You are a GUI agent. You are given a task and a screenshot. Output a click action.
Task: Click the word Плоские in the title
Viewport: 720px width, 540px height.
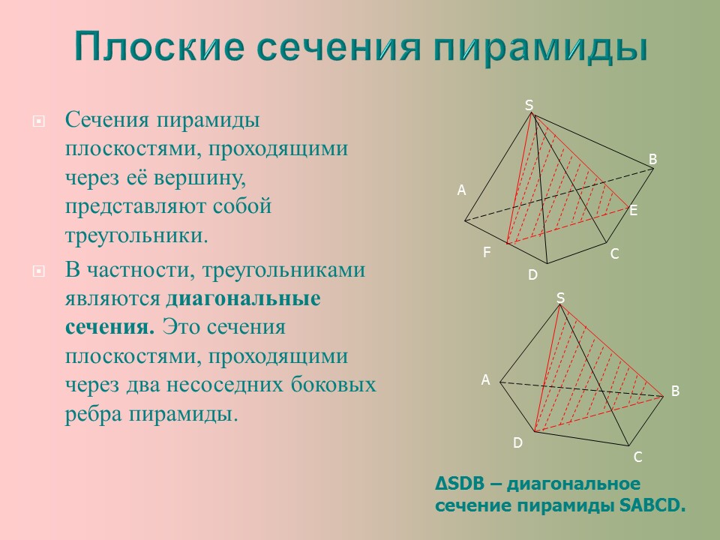(159, 47)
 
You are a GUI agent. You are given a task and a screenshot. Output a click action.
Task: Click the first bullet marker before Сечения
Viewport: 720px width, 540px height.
(39, 121)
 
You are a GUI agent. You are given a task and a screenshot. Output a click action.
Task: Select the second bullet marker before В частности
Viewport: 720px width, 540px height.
(39, 271)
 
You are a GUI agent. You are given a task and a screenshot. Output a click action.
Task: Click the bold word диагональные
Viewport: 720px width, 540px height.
(243, 298)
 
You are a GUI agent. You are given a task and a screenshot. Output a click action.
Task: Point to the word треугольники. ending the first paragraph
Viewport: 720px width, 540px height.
(135, 235)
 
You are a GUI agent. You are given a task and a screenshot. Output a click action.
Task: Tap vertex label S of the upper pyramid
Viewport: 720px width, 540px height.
(528, 106)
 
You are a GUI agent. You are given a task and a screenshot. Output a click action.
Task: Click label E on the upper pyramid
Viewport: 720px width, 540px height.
(633, 211)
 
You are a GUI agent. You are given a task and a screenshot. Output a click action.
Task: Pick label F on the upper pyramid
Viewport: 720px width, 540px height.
(487, 253)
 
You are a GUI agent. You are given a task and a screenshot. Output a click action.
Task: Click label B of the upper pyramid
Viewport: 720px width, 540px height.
(652, 159)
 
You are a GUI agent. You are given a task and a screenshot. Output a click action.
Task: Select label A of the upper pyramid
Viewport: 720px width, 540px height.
(462, 191)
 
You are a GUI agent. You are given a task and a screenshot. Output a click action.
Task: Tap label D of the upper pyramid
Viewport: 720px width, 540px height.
(532, 275)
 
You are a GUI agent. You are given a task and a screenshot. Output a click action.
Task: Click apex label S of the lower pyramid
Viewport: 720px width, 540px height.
(559, 298)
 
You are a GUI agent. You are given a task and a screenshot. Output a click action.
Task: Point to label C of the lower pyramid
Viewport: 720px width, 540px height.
(637, 457)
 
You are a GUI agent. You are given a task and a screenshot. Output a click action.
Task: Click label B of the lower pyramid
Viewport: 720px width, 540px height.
(675, 391)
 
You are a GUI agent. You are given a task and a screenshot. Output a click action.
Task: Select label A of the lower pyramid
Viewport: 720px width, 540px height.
(485, 381)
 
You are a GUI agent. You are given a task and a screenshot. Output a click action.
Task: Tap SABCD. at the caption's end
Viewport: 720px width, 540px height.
(653, 505)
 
